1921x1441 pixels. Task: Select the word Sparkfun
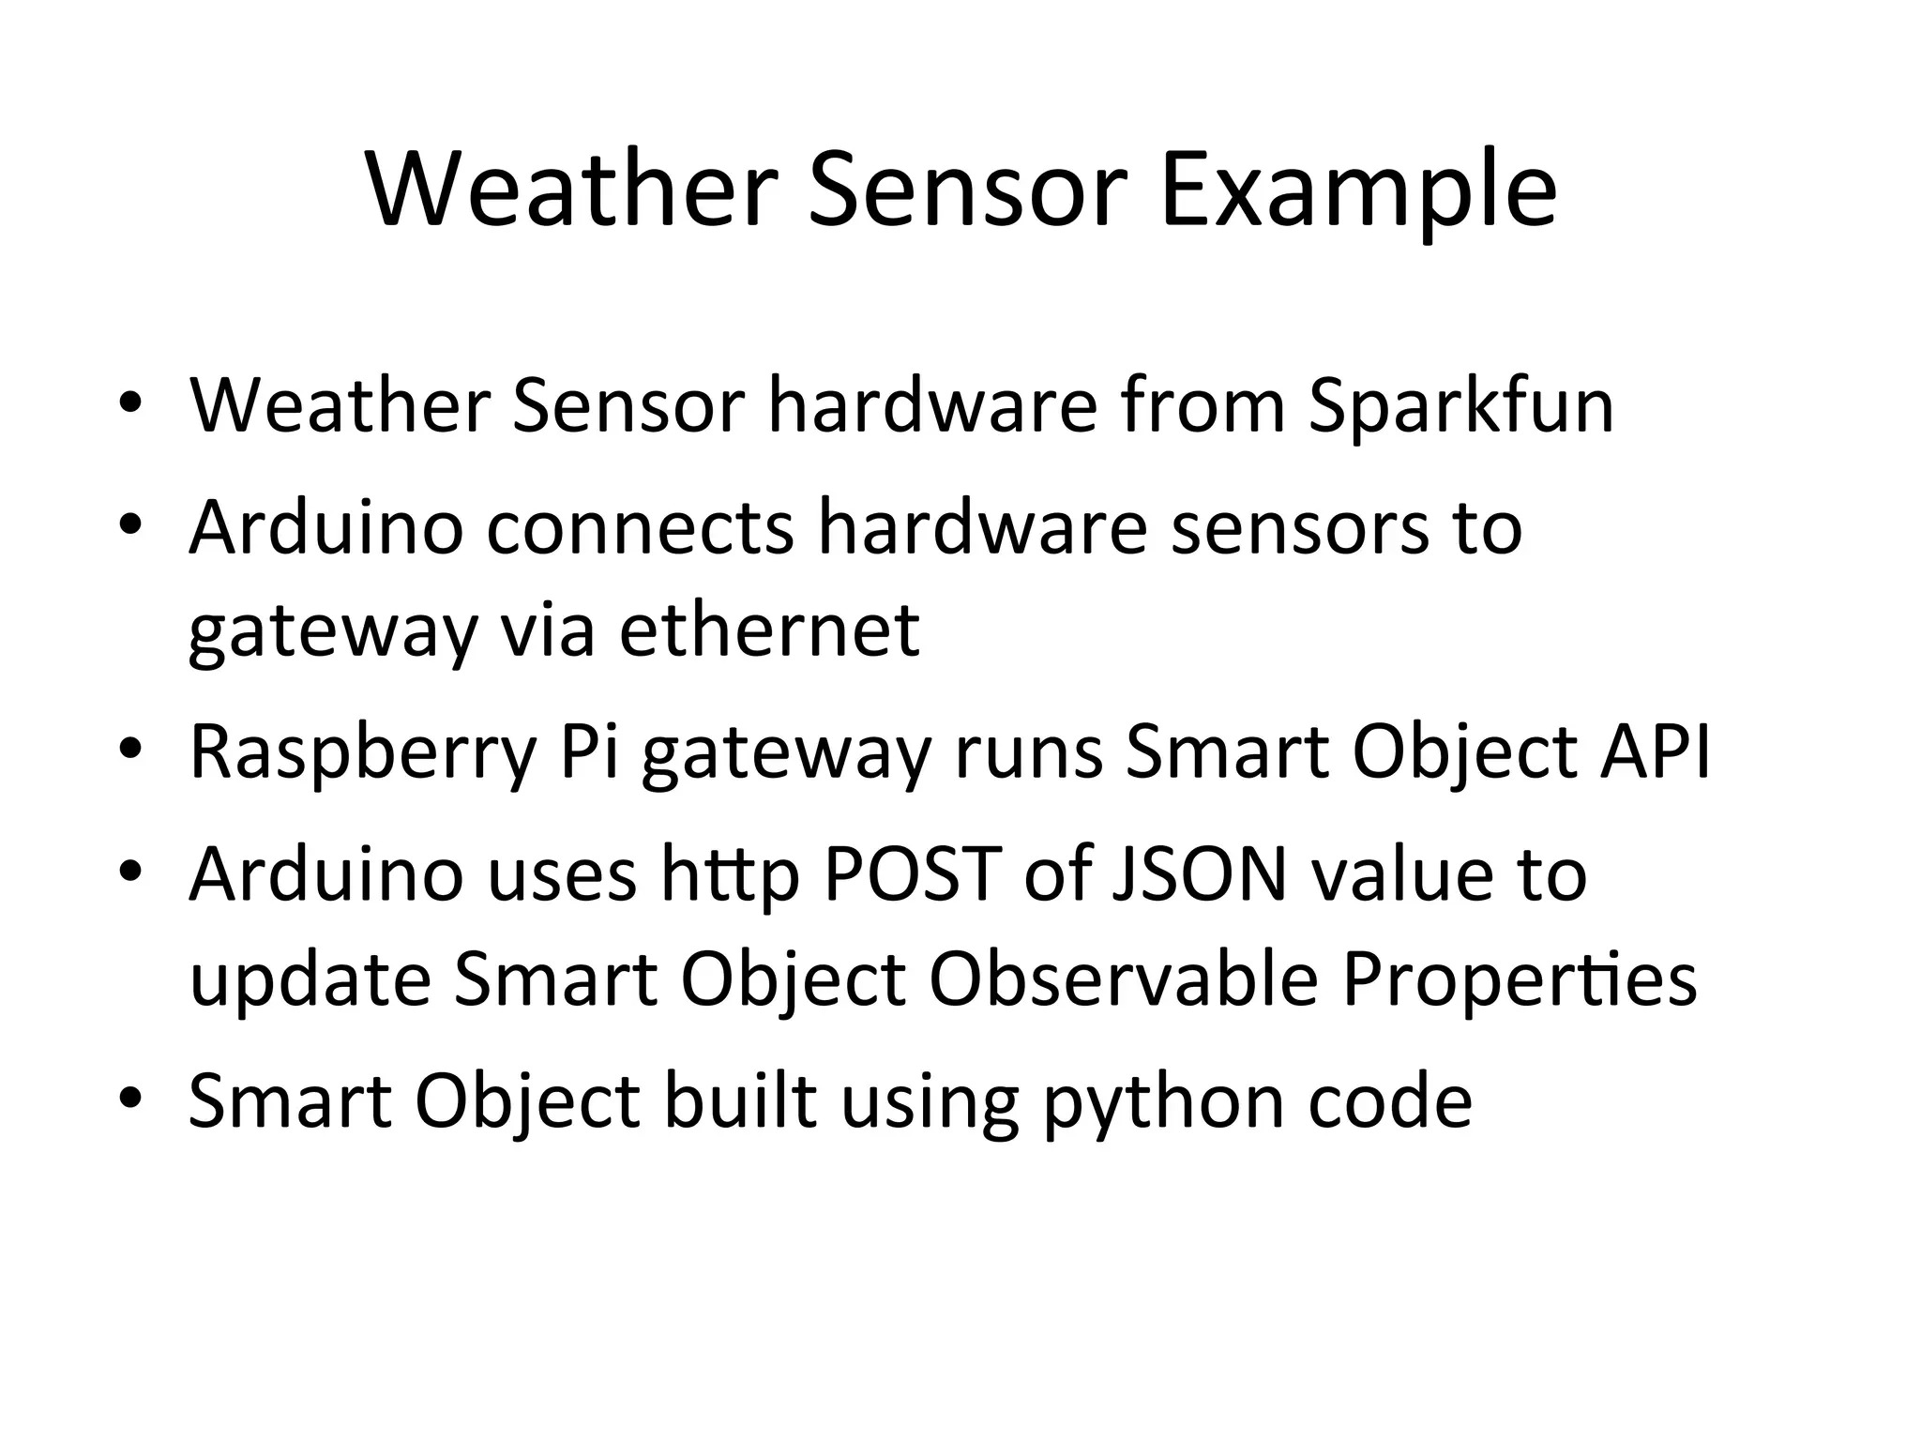(1460, 405)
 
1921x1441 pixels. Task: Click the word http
(730, 874)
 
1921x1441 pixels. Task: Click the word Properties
(1519, 980)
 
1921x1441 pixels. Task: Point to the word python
(1163, 1102)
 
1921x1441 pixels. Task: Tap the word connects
(640, 527)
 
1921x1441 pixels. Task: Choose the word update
(310, 980)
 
